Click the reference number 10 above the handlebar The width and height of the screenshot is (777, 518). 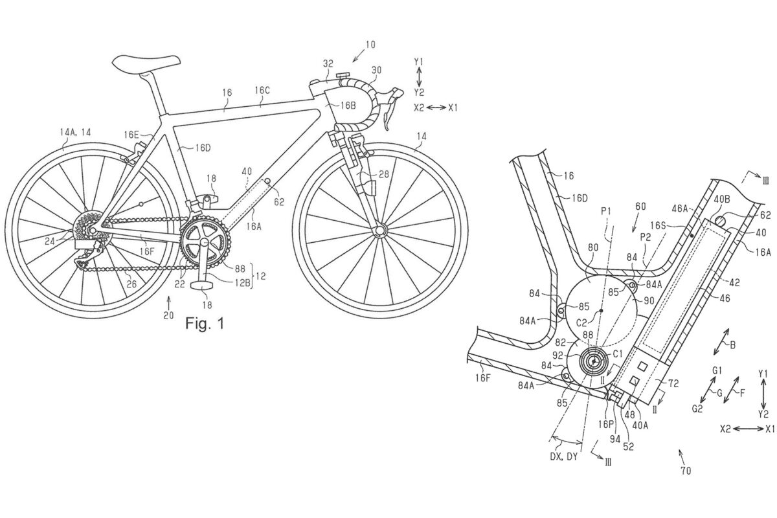[x=370, y=45]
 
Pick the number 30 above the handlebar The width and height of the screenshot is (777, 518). [x=376, y=69]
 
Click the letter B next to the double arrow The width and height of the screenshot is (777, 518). [x=732, y=345]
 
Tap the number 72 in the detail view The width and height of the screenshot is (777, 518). [x=673, y=384]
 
